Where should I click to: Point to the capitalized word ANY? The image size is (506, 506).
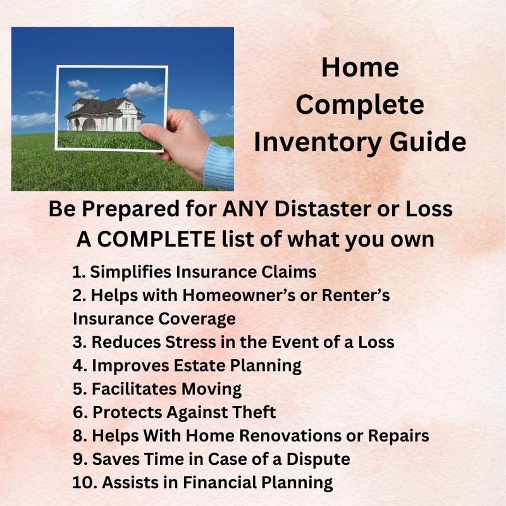(x=246, y=209)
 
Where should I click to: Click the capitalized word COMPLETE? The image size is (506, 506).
(x=156, y=239)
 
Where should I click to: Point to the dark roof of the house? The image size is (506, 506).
(x=101, y=107)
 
